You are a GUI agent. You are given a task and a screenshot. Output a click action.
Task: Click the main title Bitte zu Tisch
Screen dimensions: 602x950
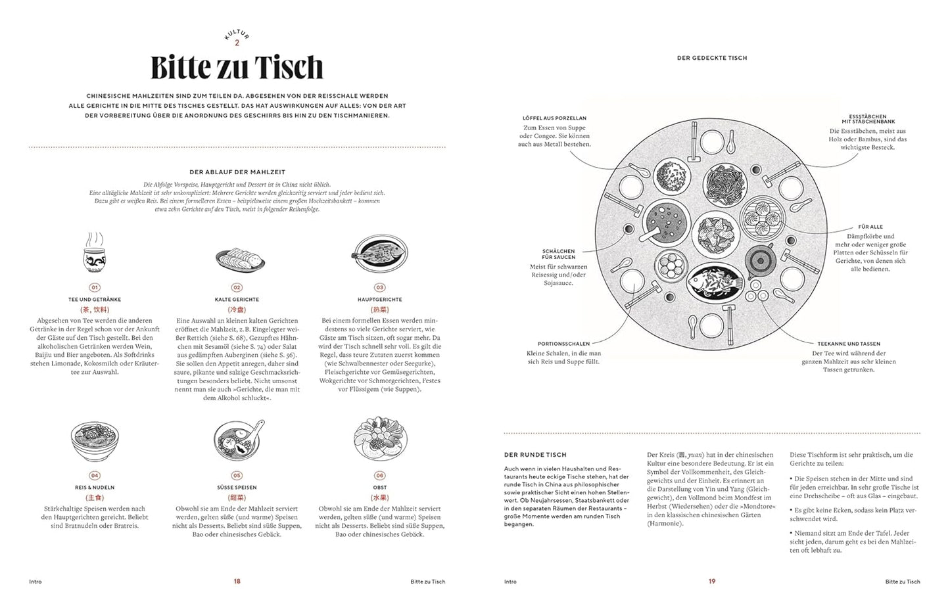pos(237,68)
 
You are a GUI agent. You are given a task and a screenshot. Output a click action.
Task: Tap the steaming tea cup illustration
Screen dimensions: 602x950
pos(93,255)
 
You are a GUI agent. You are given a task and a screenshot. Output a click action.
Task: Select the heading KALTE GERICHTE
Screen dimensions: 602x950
pos(237,299)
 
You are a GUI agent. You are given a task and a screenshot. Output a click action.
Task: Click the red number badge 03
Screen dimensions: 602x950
pos(379,287)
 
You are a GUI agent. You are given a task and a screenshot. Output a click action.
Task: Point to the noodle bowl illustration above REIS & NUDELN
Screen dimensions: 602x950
pos(94,442)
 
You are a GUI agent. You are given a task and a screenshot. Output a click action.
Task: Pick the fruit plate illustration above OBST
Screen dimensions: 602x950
pos(379,440)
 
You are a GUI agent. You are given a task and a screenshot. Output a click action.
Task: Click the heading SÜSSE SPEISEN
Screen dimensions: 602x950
pos(237,488)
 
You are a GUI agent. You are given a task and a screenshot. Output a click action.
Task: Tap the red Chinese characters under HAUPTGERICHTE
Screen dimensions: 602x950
pos(379,310)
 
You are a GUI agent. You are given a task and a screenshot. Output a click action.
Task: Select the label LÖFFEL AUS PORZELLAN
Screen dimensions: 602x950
pos(554,118)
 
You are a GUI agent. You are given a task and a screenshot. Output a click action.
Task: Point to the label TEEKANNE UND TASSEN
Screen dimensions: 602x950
pos(849,344)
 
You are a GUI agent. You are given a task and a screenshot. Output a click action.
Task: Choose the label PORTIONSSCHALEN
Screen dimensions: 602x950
pos(563,344)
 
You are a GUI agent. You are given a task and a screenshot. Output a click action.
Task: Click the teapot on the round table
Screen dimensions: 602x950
pos(761,256)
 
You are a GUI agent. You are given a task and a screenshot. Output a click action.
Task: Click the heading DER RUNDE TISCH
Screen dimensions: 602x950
pos(534,455)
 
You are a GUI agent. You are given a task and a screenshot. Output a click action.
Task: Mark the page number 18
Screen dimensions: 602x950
pos(237,582)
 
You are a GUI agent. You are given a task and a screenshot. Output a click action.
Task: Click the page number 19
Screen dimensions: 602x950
pos(712,582)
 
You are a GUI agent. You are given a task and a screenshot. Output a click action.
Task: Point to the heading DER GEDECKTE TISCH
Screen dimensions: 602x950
pos(712,58)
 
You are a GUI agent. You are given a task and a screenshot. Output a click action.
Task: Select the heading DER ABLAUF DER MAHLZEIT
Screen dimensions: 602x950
pos(237,172)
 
